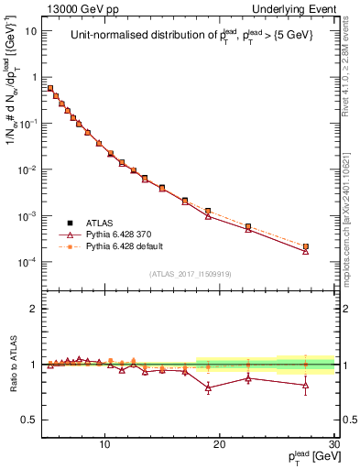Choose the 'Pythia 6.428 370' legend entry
(x=123, y=234)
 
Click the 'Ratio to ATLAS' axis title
(x=13, y=364)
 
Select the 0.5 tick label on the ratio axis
(x=30, y=420)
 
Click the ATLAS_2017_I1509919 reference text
(x=192, y=272)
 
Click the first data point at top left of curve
(x=50, y=88)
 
